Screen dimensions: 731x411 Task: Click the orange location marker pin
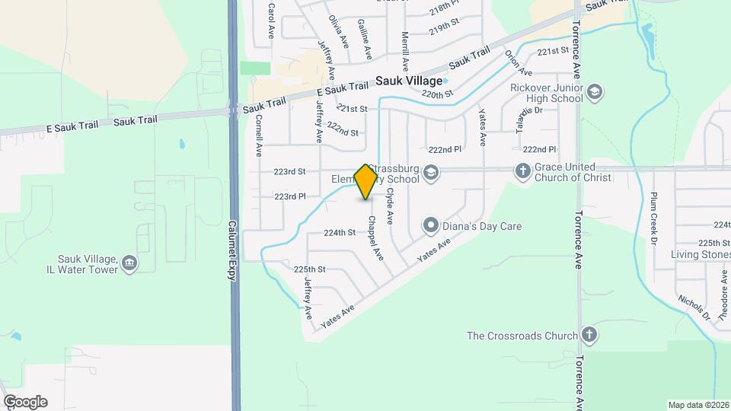tap(366, 181)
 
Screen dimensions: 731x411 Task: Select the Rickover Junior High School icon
tap(595, 92)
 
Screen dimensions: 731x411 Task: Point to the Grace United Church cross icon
tap(522, 171)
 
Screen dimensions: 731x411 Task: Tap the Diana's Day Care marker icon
tap(431, 225)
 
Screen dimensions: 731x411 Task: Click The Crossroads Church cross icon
tap(588, 335)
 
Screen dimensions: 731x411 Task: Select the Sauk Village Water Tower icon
tap(129, 263)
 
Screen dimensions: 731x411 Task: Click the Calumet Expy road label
tap(233, 251)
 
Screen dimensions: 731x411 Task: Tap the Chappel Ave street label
tap(375, 236)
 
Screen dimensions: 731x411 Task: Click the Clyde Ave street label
tap(390, 205)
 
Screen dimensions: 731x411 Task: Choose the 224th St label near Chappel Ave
tap(340, 232)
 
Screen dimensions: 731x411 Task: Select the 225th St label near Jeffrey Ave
tap(310, 269)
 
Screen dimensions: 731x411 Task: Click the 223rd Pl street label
tap(290, 196)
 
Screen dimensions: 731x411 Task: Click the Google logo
tap(24, 402)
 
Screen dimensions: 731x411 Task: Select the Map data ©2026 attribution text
tap(697, 405)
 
